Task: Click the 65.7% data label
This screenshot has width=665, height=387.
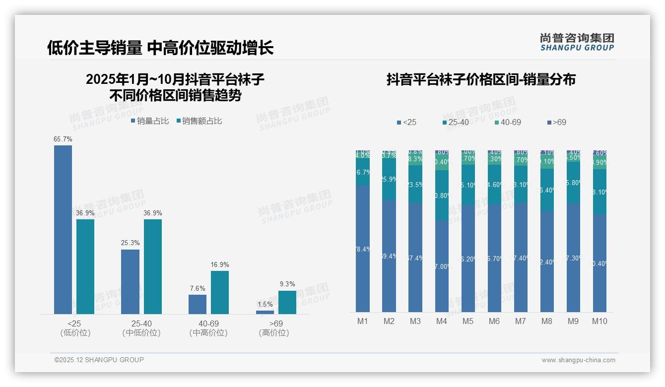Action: coord(63,139)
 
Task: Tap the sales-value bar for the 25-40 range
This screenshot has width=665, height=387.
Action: coord(153,266)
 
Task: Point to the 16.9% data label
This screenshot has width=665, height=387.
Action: coord(220,265)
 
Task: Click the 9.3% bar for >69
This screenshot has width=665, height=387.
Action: coord(287,302)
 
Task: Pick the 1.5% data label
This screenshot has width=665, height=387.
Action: coord(265,305)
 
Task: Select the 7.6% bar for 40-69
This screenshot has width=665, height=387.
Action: coord(198,304)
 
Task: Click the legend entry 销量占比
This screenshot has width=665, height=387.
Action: coord(149,121)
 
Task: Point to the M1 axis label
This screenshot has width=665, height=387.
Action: coord(363,322)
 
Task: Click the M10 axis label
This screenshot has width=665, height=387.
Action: coord(599,322)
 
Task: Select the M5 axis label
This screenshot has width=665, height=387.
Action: coord(468,322)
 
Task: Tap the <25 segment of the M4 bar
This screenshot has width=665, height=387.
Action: coord(442,265)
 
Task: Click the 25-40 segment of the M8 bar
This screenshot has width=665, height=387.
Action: coord(547,190)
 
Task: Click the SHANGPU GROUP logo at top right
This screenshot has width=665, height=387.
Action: coord(577,42)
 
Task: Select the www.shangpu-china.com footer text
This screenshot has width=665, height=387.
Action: coord(578,360)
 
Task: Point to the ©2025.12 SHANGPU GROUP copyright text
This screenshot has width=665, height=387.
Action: coord(99,360)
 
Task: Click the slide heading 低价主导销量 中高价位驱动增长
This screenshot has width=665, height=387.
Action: coord(160,48)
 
